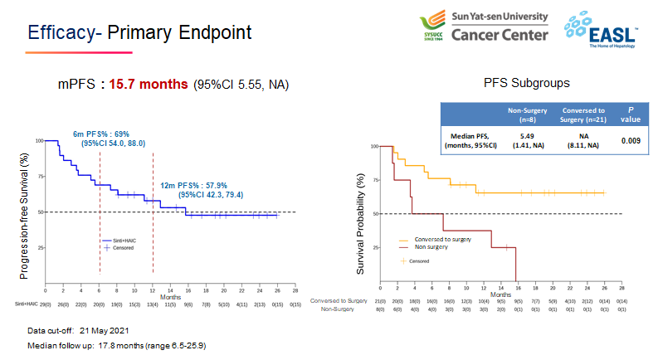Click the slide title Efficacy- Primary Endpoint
click(139, 34)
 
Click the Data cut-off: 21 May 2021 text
click(79, 330)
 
